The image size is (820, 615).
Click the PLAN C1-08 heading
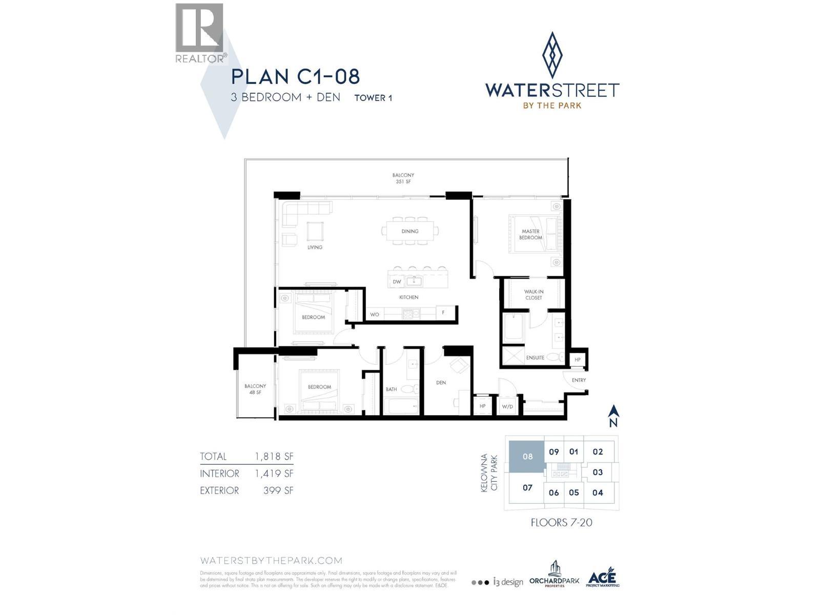(295, 77)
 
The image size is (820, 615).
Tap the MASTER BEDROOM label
(530, 235)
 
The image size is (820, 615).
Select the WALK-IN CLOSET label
(534, 295)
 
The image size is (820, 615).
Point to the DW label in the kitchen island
(397, 282)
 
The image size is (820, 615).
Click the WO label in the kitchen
(375, 314)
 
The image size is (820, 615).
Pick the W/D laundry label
(507, 406)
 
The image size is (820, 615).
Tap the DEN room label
(441, 382)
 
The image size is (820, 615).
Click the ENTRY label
(579, 380)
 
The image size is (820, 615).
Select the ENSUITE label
(535, 358)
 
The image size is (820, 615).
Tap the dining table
(410, 231)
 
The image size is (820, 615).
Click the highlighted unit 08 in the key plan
(527, 456)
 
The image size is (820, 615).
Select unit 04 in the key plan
(598, 493)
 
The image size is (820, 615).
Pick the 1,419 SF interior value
(274, 474)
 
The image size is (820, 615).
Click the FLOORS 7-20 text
(561, 523)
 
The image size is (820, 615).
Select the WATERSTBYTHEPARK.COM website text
(271, 561)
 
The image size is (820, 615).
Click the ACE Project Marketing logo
(602, 579)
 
